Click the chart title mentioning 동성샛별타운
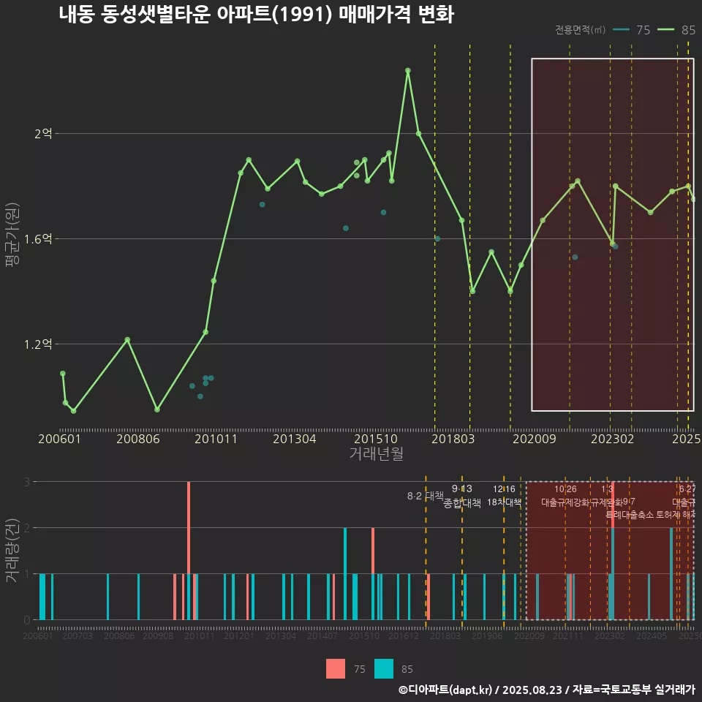click(256, 15)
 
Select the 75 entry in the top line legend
click(634, 30)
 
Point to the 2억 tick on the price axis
click(44, 134)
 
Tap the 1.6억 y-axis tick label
click(39, 239)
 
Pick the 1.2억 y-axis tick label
click(39, 344)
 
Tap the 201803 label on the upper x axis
click(453, 439)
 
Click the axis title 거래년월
click(376, 454)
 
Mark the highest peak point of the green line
click(408, 70)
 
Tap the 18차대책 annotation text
click(504, 503)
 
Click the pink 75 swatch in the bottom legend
click(336, 668)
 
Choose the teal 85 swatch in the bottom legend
click(383, 668)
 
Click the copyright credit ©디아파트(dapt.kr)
click(445, 690)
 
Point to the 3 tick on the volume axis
click(26, 482)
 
